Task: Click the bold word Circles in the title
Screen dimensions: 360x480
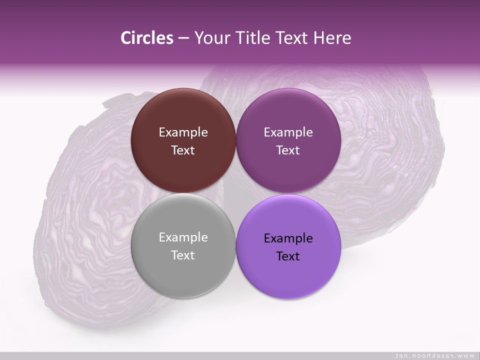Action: click(x=146, y=38)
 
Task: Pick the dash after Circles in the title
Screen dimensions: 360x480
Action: click(x=183, y=39)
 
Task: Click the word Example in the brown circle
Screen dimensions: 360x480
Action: click(x=183, y=132)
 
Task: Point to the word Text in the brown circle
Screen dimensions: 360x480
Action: click(x=183, y=150)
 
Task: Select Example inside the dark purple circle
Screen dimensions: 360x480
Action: click(x=288, y=132)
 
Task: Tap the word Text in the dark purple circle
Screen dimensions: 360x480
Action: click(x=288, y=150)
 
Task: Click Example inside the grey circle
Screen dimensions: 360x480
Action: click(x=183, y=237)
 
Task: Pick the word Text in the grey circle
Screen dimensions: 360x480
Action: click(x=183, y=255)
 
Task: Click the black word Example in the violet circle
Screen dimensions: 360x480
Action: click(x=288, y=238)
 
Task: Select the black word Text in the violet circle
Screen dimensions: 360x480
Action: click(x=288, y=256)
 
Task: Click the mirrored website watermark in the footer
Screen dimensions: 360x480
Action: click(x=434, y=355)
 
